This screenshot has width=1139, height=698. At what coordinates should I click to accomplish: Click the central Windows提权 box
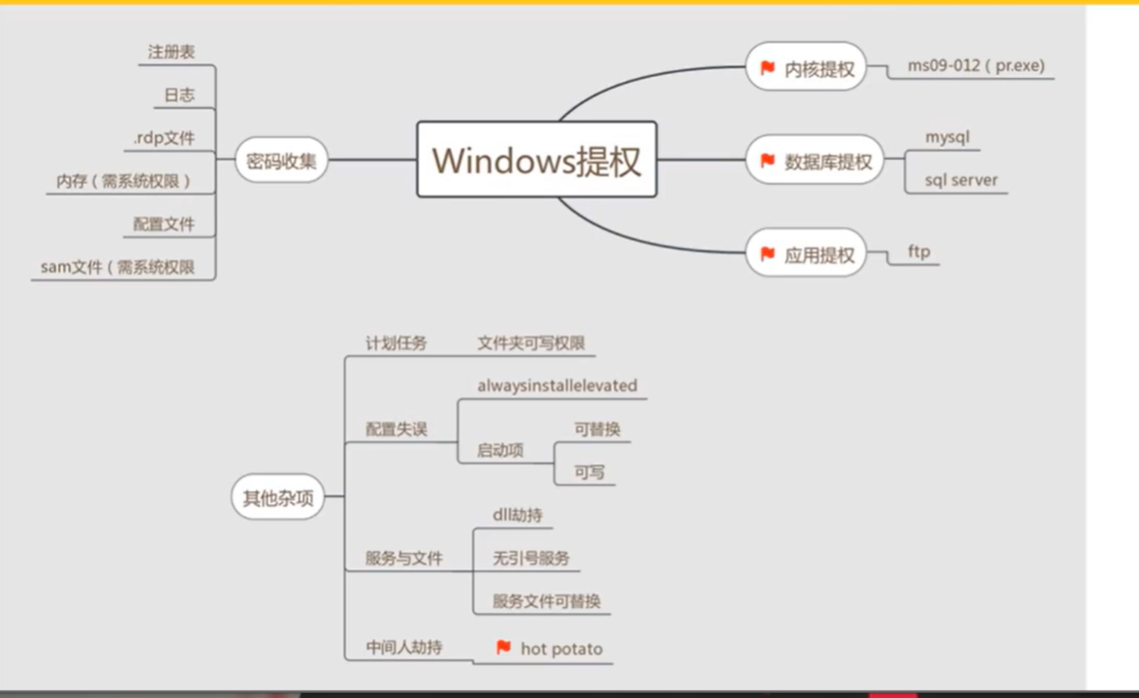pos(537,160)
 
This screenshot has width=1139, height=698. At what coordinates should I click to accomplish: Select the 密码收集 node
pos(281,160)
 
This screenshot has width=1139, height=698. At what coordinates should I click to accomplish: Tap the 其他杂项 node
pos(278,497)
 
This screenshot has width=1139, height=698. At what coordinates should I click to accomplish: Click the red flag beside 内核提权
pos(767,67)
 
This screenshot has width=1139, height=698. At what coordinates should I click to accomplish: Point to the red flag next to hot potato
pos(503,648)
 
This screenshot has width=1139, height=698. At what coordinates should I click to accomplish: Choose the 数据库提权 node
pos(816,162)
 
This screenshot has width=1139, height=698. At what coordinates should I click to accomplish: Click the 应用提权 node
pos(807,254)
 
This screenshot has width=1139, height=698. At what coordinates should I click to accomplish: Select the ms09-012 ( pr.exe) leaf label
pos(975,67)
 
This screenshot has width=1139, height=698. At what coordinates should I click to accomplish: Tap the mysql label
pos(947,137)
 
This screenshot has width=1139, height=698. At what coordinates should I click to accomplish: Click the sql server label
pos(960,180)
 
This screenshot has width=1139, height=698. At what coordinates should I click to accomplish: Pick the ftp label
pos(919,251)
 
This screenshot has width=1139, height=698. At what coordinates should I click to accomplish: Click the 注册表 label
pos(171,53)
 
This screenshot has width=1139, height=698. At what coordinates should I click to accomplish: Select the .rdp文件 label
pos(164,139)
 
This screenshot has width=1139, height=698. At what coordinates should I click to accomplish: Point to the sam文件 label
pos(118,267)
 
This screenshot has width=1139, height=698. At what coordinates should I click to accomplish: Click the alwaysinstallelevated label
pos(557,386)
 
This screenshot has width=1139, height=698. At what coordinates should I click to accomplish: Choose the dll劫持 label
pos(517,515)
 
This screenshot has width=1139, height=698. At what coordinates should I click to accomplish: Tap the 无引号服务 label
pos(530,558)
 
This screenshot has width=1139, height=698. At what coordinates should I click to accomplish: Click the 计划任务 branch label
pos(396,344)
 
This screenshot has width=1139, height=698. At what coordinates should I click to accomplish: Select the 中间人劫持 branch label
pos(403,647)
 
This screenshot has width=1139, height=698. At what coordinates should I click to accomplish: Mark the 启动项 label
pos(500,450)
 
